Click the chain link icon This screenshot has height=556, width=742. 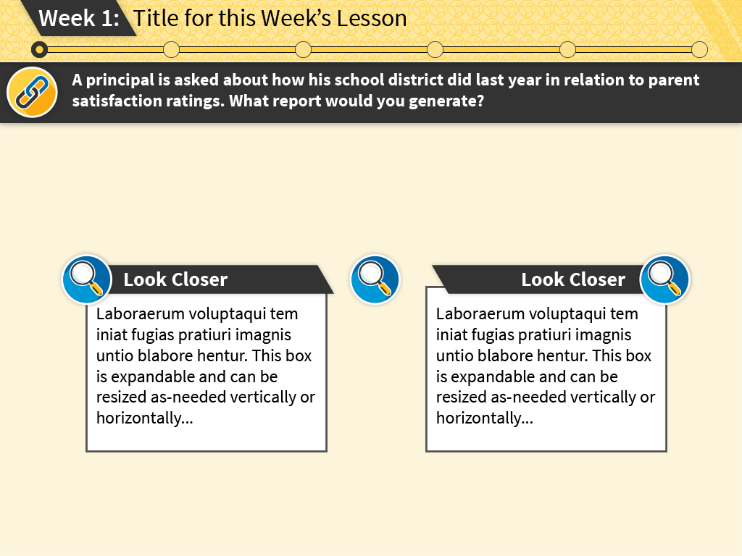(32, 92)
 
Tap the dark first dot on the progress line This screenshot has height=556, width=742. (39, 50)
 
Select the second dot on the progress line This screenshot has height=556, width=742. (171, 50)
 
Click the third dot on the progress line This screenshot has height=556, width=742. (304, 50)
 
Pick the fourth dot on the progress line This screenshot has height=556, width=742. (435, 50)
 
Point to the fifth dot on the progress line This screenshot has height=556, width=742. (567, 50)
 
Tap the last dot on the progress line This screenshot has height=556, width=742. (699, 50)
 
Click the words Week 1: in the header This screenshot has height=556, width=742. (79, 18)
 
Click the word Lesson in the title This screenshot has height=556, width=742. (372, 18)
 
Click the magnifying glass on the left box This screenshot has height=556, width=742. (87, 279)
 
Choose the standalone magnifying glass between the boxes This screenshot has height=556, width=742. (375, 279)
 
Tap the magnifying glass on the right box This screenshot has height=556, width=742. (664, 279)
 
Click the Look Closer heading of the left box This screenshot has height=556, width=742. (175, 279)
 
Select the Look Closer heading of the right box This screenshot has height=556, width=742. (573, 279)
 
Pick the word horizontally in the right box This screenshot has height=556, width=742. (478, 418)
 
